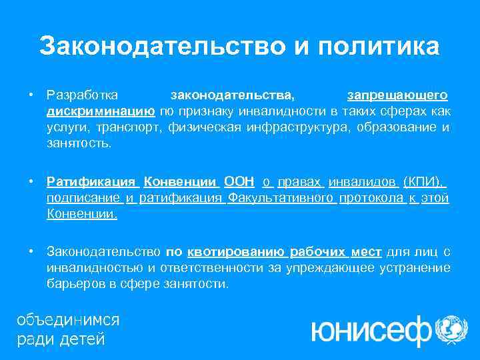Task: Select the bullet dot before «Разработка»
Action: (31, 93)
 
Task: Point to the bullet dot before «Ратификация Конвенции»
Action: (31, 182)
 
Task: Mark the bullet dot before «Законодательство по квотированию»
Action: (31, 251)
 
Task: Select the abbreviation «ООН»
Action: (239, 182)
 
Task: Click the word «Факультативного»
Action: (281, 198)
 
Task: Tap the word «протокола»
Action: (371, 198)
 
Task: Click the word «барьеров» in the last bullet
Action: (73, 284)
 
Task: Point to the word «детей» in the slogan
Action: (83, 338)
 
